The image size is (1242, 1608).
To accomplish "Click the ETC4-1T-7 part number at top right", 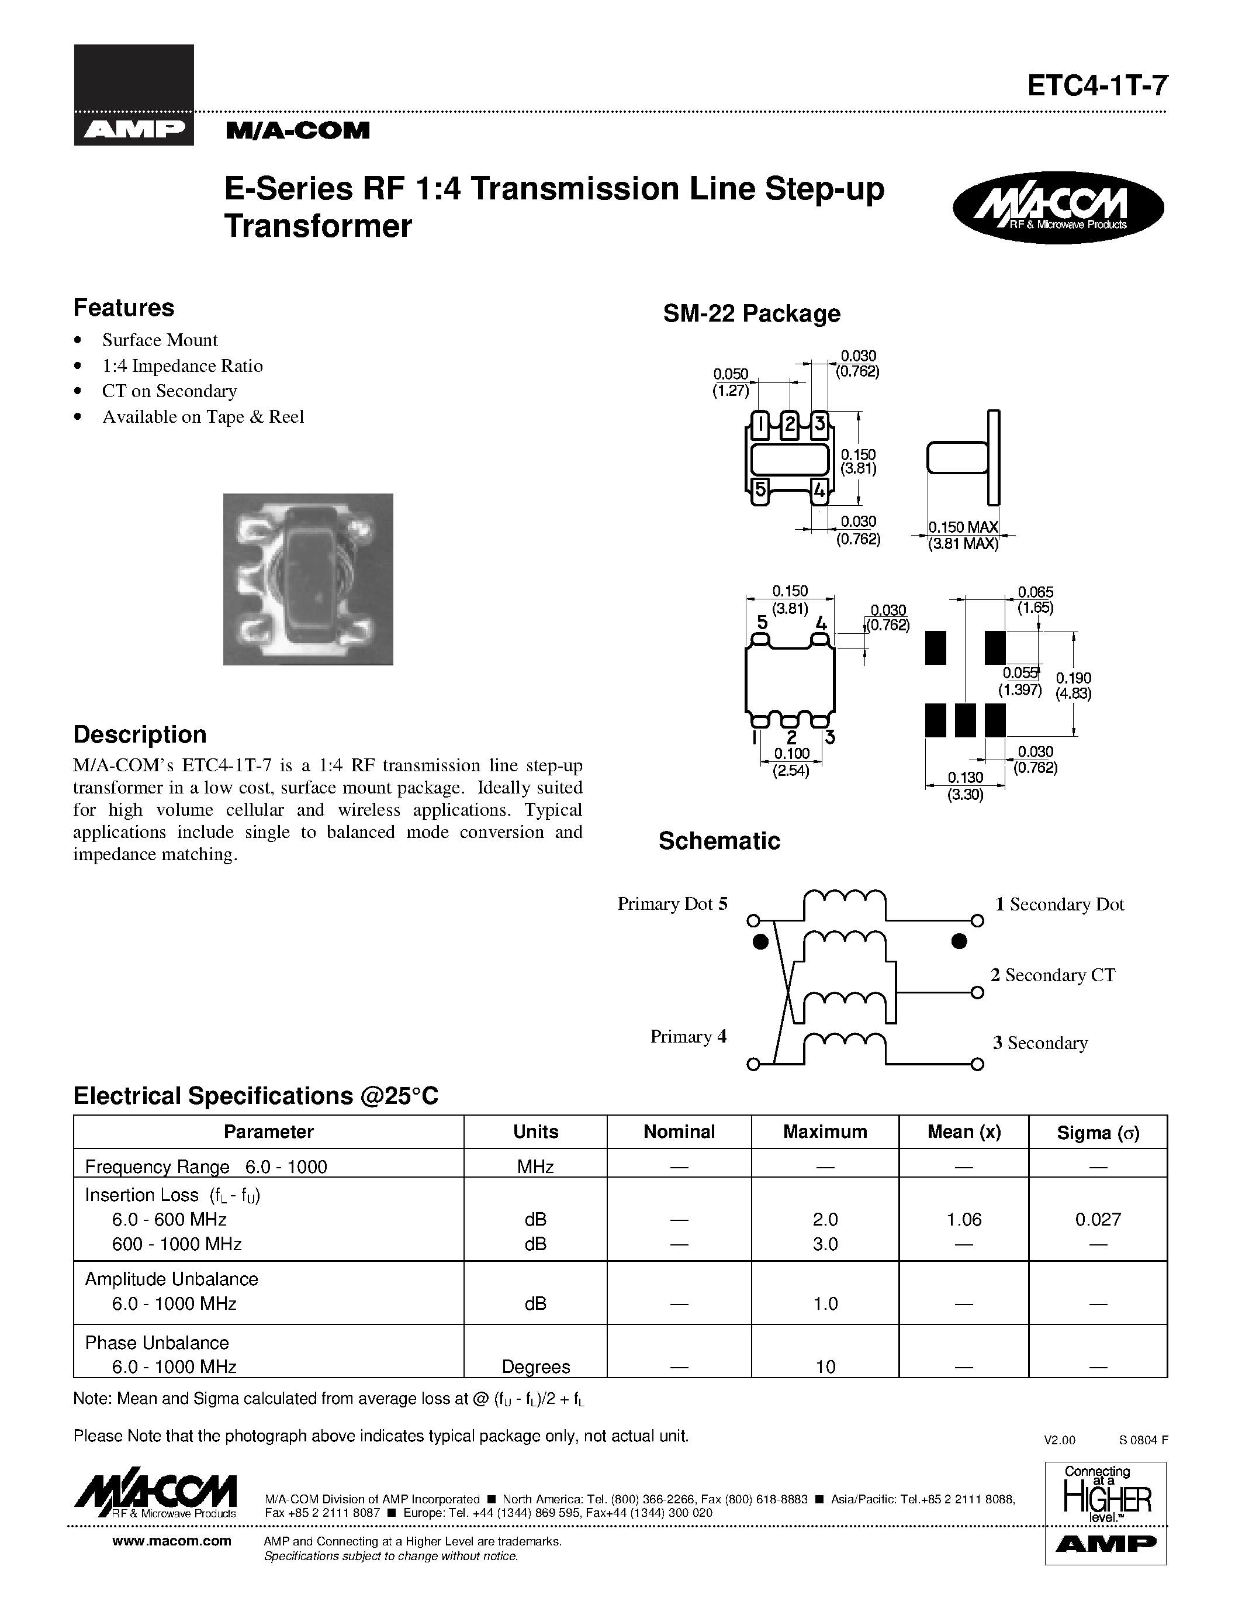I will tap(1096, 86).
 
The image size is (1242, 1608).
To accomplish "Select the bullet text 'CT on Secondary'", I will tap(169, 391).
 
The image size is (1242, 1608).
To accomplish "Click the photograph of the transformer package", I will tap(307, 579).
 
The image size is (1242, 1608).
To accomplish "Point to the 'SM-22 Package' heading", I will tap(750, 313).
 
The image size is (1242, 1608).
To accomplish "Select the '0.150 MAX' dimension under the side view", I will tap(963, 527).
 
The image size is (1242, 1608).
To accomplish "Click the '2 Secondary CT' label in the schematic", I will tap(1052, 975).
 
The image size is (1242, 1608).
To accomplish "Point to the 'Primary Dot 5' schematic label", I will tap(672, 904).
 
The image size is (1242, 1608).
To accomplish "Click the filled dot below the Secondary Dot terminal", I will tap(959, 941).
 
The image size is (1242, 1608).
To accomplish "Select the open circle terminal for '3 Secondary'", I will tap(977, 1064).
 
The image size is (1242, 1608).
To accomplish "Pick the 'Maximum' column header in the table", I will tap(824, 1131).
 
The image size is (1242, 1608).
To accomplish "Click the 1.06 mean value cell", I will tap(963, 1220).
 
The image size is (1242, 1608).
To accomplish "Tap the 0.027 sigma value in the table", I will tap(1097, 1220).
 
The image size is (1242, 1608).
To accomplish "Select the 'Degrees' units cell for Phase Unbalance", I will tap(535, 1367).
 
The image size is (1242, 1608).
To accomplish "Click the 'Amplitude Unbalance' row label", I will tap(171, 1279).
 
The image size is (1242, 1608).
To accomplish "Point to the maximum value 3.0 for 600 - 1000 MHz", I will tap(825, 1244).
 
